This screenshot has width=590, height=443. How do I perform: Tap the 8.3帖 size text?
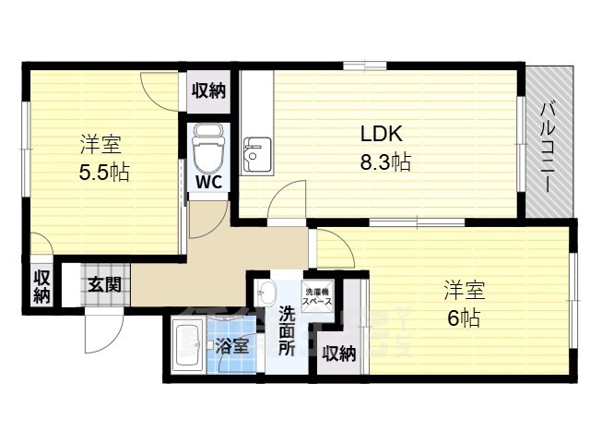384,162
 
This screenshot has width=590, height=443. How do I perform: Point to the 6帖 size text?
463,318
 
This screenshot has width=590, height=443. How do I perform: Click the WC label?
206,182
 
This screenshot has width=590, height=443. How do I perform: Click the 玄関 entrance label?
104,284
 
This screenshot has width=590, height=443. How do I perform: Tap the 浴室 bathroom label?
232,347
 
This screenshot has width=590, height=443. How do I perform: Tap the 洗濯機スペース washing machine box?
318,294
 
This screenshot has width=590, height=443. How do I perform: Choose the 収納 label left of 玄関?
42,286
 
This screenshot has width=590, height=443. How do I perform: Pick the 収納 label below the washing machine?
339,353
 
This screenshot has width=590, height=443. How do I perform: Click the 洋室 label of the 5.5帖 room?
101,145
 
